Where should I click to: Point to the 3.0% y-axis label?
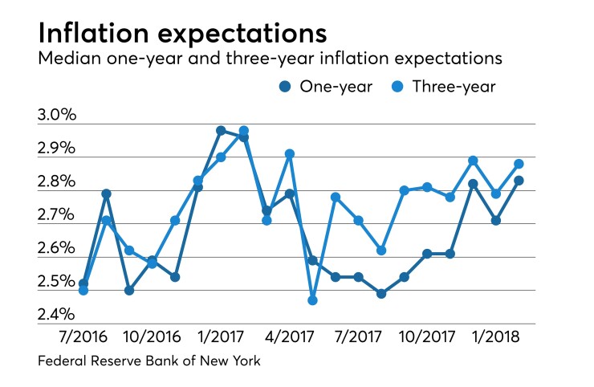pos(57,115)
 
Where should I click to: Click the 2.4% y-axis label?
pos(57,315)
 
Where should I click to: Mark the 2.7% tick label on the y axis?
pos(57,215)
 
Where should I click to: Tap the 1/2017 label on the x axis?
pos(221,332)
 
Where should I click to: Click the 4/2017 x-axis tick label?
pos(290,332)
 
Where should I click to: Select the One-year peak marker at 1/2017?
pos(221,130)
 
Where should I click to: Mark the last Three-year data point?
pos(519,164)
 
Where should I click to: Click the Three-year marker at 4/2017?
pos(290,153)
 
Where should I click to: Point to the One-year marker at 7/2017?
pos(358,277)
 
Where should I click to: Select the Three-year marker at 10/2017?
pos(428,187)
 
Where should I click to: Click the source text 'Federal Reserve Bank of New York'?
pos(149,361)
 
